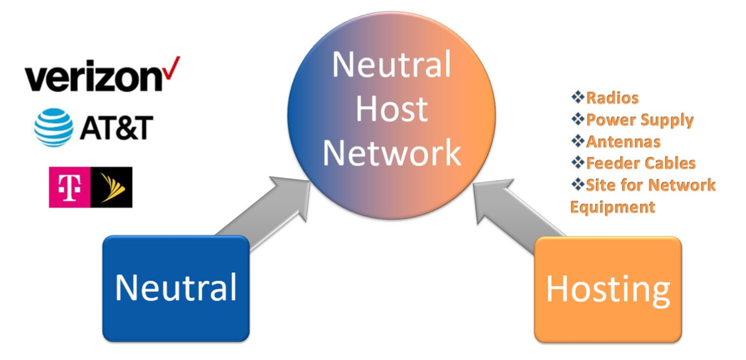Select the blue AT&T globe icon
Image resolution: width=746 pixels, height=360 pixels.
click(54, 127)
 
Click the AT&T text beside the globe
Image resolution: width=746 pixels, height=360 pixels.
click(116, 128)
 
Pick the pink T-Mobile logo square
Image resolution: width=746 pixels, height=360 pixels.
click(70, 187)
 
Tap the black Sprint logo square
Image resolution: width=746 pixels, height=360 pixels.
click(111, 187)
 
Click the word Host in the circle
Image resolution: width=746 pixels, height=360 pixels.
click(392, 108)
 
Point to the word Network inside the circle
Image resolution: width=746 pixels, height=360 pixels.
click(392, 152)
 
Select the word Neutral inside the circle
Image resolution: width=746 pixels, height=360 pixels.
click(392, 65)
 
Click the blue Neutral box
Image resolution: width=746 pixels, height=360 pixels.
click(176, 288)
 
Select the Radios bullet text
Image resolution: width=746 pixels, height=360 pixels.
click(613, 98)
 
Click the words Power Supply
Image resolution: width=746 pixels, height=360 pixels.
click(640, 120)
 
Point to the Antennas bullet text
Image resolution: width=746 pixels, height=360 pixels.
click(623, 141)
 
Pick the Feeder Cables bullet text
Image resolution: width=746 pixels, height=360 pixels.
click(641, 163)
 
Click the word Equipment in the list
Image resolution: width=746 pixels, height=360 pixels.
click(613, 207)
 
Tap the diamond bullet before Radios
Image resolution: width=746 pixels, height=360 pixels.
click(577, 98)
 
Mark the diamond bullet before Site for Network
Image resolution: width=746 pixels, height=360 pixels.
click(577, 185)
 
